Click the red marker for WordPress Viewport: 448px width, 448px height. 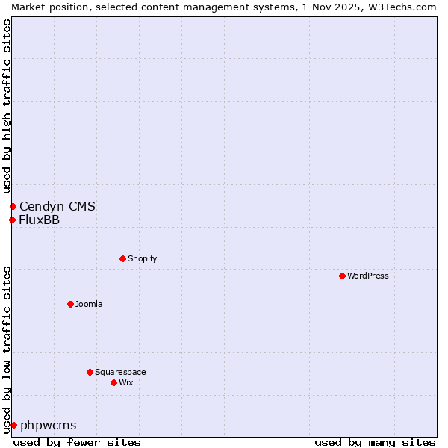coord(342,276)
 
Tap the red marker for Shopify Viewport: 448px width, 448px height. coord(122,258)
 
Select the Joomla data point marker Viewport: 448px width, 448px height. coord(70,304)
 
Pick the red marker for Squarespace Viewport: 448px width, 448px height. coord(90,372)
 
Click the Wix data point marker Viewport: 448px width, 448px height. coord(113,382)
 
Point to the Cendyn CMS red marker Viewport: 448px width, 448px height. coord(13,206)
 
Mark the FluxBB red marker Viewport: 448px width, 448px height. coord(12,220)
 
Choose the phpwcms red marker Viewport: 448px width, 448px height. coord(13,425)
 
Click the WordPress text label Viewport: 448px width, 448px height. coord(368,276)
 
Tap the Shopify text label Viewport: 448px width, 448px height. coord(142,258)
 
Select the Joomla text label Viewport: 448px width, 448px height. coord(89,304)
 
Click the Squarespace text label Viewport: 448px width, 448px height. coord(120,372)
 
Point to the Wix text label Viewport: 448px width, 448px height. coord(126,382)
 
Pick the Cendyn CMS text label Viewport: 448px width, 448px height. coord(57,206)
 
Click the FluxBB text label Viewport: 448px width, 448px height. coord(40,220)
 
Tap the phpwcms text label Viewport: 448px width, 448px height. coord(49,425)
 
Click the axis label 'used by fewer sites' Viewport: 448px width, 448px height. coord(77,442)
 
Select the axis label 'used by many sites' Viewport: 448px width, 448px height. coord(375,442)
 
